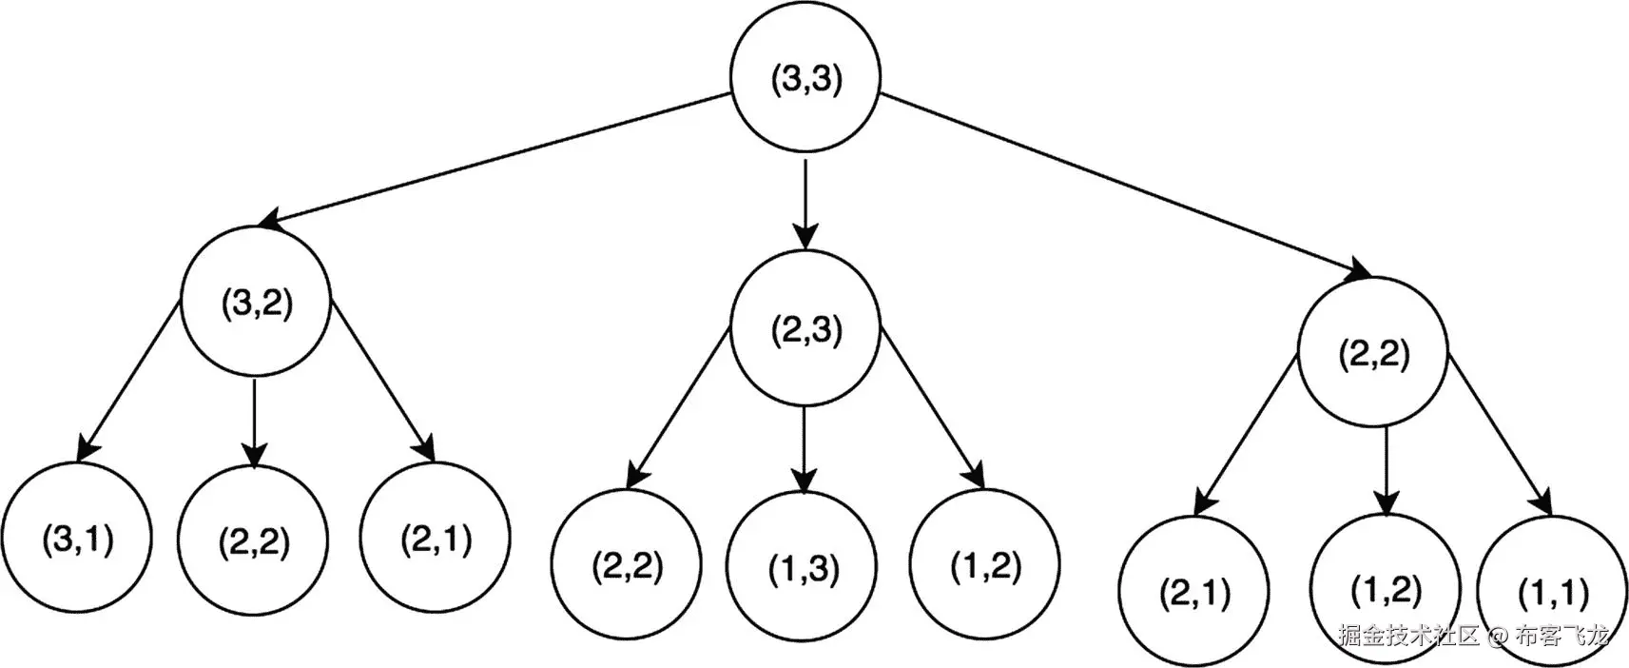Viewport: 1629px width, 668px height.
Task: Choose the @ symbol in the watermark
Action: pyautogui.click(x=1499, y=637)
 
